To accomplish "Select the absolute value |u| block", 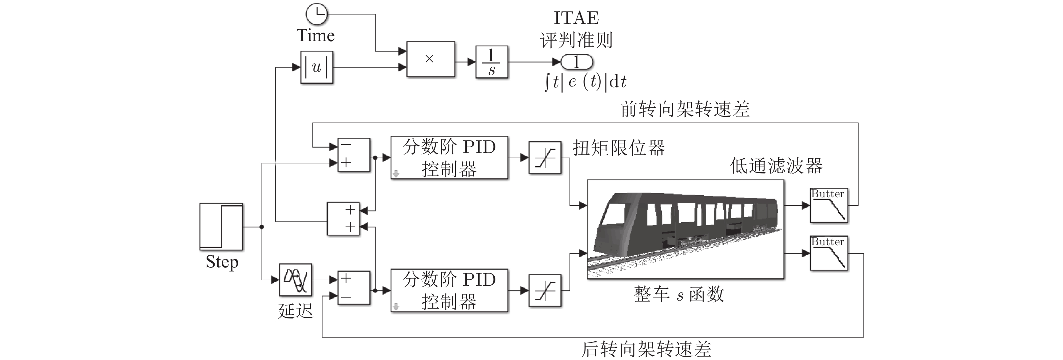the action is click(x=317, y=67).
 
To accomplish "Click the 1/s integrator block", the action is click(x=492, y=62).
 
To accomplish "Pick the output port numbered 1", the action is click(x=576, y=62).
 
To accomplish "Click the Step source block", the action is click(x=221, y=226).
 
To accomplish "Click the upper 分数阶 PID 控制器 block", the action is click(x=449, y=158).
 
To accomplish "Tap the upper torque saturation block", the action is click(x=545, y=158).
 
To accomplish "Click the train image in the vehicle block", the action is click(x=685, y=230).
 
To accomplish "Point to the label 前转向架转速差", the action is click(x=685, y=109).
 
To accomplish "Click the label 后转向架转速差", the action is click(x=646, y=349).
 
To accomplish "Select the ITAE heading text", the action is click(x=576, y=18).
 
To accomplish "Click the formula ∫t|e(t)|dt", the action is click(x=585, y=82).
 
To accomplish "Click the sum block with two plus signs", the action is click(x=343, y=218).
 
